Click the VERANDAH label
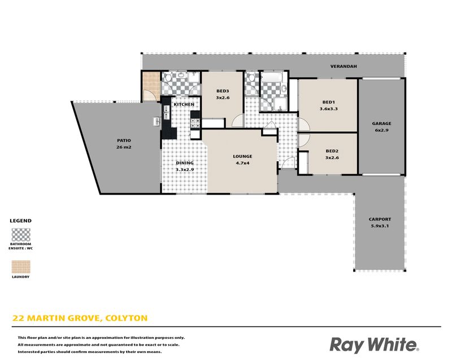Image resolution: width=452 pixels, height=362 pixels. coord(344,66)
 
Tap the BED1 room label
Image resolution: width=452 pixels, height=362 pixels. coord(328,102)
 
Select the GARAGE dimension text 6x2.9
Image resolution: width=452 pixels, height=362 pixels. coord(382,130)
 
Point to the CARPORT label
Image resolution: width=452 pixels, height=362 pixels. coord(380,219)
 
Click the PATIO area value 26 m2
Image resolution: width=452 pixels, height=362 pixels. coord(124,147)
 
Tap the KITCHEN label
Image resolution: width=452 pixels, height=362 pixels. coord(184,104)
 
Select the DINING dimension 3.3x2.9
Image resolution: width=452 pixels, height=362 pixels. coord(185,170)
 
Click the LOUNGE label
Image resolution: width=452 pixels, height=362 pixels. coord(242,156)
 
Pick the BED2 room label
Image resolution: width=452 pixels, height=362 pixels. coord(332,150)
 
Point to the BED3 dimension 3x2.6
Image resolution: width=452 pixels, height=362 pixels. coord(223,98)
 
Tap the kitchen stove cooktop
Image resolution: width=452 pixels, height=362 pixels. coord(195,123)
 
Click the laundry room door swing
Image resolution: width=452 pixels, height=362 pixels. coord(149,95)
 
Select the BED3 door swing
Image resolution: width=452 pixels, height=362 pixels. coord(238,120)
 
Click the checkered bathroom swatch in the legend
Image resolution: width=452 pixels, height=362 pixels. coord(21,235)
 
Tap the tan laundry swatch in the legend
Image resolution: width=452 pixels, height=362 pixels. coord(21,266)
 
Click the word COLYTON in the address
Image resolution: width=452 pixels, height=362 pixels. coord(126,318)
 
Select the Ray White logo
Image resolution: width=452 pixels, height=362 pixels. coord(374,345)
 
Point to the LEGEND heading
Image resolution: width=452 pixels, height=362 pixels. coord(20,221)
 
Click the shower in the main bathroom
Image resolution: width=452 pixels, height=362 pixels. coord(280,104)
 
